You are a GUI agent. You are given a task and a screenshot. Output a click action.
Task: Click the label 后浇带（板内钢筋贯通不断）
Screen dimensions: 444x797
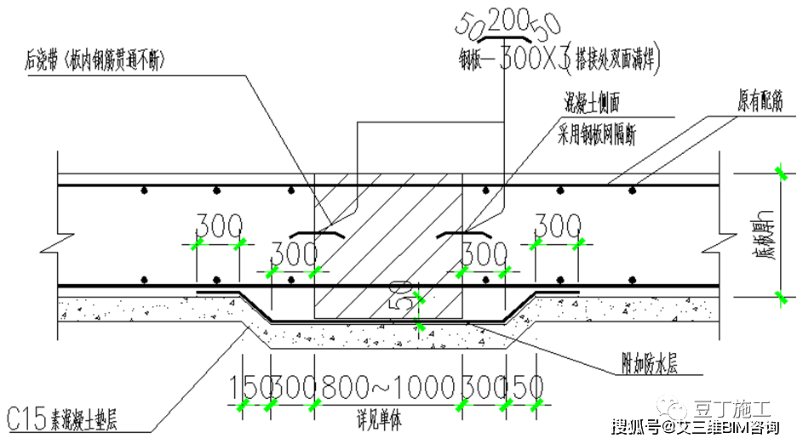pos(93,61)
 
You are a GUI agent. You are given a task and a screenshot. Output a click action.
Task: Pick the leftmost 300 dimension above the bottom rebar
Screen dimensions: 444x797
pos(219,226)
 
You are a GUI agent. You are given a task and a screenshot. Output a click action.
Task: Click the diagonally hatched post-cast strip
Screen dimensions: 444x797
pos(388,230)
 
